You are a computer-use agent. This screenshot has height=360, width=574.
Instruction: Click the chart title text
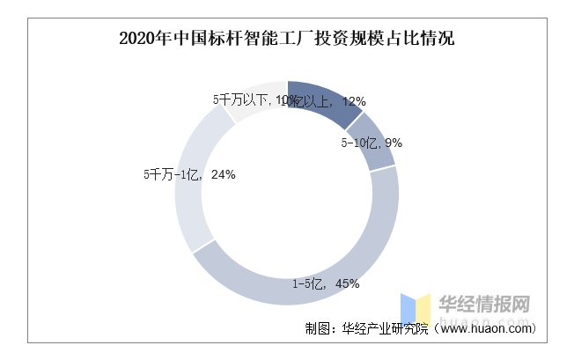pos(286,39)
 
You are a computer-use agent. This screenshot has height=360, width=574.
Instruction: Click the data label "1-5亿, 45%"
pos(326,283)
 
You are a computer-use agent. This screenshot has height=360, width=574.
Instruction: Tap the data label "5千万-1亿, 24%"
pos(188,174)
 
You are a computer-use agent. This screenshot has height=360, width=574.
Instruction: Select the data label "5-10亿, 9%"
pos(372,143)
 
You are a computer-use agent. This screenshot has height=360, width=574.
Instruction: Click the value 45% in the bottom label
pos(346,283)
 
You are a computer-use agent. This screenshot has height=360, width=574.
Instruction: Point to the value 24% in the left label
pos(223,174)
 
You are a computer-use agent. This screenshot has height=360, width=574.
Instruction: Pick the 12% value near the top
pos(353,101)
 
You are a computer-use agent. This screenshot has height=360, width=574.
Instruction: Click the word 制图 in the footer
pos(316,328)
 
